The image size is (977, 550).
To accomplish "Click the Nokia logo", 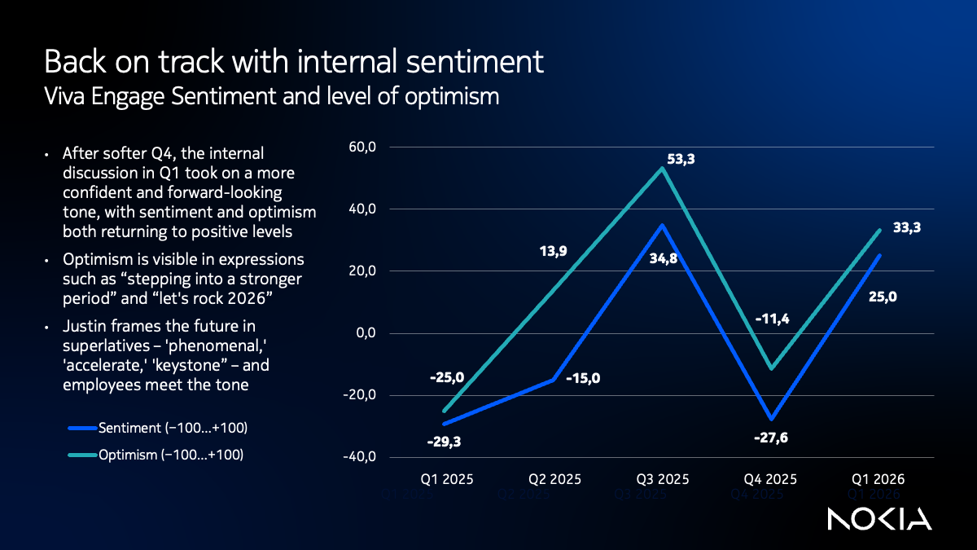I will pos(879,519).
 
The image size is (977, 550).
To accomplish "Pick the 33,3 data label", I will pos(906,229).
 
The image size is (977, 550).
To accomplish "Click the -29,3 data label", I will pos(445,442).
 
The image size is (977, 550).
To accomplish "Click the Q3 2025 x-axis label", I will pos(661,479).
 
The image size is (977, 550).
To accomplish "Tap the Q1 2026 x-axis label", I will pos(878,479).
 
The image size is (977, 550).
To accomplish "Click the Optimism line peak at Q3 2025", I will pos(662,169).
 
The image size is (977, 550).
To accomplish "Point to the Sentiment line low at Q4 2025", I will pos(770,419).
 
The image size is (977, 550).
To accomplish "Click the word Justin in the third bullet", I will pos(82,328).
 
